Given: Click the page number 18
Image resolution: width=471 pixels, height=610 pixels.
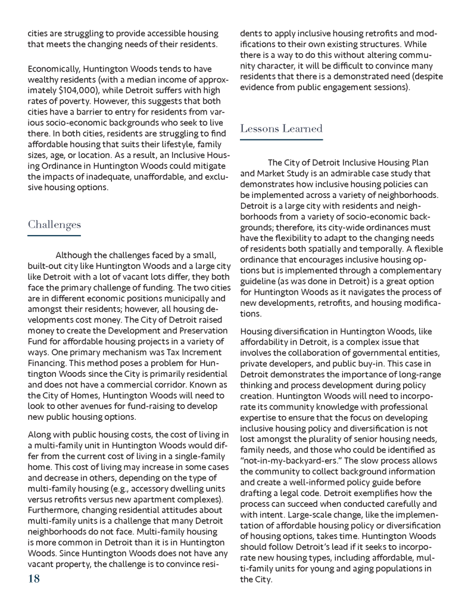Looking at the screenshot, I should [x=34, y=578].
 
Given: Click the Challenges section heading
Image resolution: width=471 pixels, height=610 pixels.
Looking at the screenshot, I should [x=54, y=225].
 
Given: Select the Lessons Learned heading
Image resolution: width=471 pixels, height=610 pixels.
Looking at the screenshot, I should [x=281, y=128].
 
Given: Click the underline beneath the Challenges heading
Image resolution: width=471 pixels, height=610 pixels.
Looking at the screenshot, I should [x=54, y=236].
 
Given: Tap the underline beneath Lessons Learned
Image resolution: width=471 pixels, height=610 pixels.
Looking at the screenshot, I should [x=281, y=140].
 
